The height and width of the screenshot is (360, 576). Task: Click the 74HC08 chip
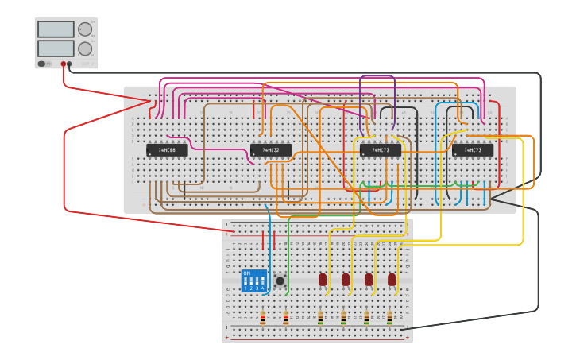[167, 149]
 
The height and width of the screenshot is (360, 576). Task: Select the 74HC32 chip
[271, 149]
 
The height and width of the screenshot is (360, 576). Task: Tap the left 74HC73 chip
[380, 149]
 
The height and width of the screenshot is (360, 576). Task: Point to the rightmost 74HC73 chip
[473, 149]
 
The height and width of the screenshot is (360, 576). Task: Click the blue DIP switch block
[254, 281]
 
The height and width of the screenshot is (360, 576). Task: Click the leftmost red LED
[323, 279]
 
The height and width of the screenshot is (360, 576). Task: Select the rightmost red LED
[392, 279]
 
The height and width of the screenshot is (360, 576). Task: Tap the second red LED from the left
[346, 279]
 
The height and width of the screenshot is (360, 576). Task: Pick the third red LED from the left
[369, 279]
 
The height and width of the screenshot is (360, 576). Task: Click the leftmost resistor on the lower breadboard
[263, 318]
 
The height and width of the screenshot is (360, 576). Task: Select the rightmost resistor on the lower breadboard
[389, 318]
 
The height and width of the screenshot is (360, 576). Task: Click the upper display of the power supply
[56, 29]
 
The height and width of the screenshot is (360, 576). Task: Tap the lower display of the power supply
[56, 48]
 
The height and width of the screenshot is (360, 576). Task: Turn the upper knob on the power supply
[84, 29]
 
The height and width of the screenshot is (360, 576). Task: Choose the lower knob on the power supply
[84, 48]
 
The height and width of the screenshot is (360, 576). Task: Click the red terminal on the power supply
[64, 64]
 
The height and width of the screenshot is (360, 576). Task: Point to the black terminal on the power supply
[70, 64]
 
